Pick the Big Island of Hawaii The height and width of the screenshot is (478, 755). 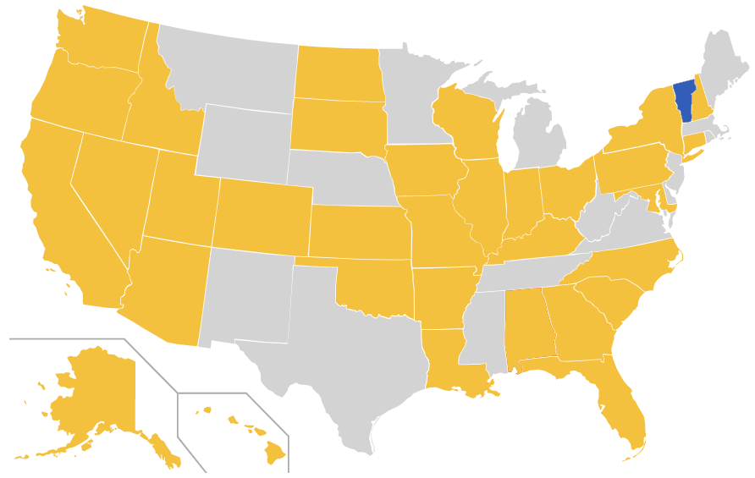pos(275,453)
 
